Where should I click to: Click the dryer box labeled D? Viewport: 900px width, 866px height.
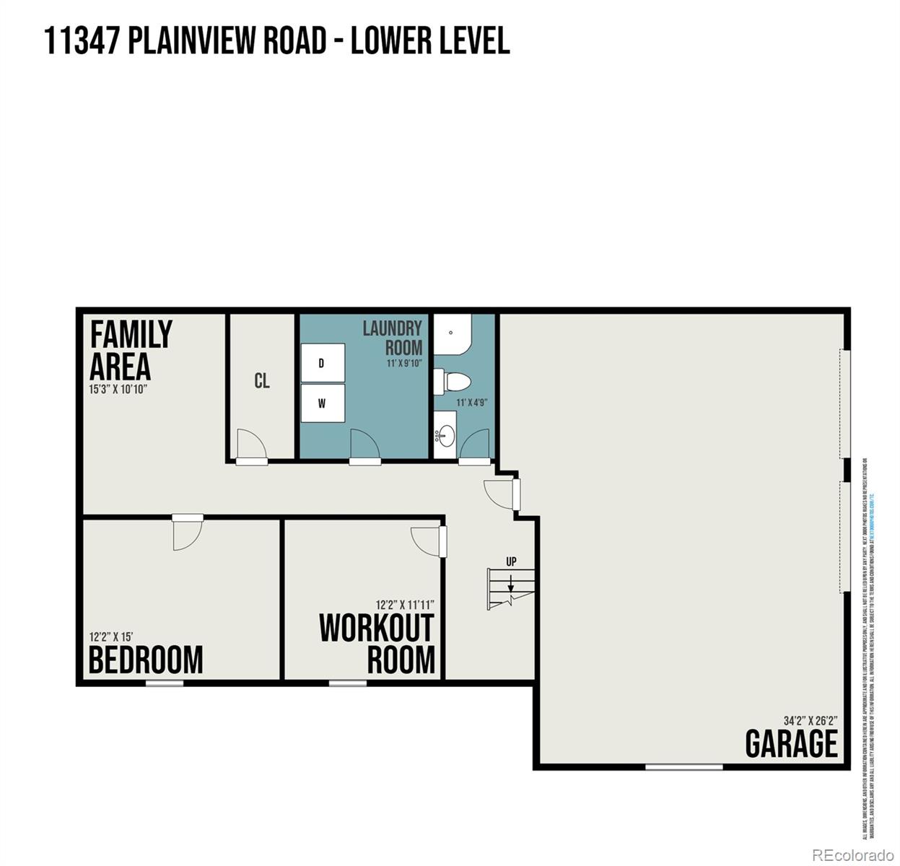[x=322, y=363]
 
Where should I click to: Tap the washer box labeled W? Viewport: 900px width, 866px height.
[x=322, y=404]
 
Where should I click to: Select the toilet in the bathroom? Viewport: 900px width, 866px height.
[x=453, y=380]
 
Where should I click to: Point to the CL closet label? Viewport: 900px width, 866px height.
[x=262, y=380]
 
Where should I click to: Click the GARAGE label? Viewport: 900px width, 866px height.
[x=791, y=744]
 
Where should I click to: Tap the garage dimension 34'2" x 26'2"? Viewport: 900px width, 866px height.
[x=811, y=720]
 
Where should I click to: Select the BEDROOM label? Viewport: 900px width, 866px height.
[x=146, y=660]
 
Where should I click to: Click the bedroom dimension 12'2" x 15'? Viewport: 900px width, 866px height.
[x=111, y=637]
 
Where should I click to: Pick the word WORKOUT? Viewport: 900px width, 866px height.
[x=376, y=628]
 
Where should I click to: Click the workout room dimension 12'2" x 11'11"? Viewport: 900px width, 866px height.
[x=404, y=605]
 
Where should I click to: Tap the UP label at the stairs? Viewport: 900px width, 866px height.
[x=511, y=561]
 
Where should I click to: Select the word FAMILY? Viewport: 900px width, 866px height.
[x=131, y=335]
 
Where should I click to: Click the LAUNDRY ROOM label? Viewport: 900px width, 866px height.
[x=393, y=338]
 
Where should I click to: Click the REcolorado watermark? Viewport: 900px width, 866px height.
[x=852, y=855]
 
